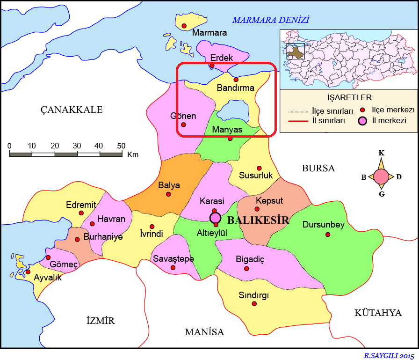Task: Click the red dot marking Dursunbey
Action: (328, 234)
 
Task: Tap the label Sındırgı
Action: (253, 295)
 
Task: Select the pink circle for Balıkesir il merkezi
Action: (215, 218)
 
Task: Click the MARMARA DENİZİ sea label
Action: (271, 20)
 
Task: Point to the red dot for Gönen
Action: (183, 125)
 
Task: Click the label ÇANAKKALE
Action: (71, 110)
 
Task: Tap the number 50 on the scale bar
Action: (121, 146)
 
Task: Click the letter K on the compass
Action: (382, 153)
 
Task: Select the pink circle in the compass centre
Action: (382, 176)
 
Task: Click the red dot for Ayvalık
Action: (28, 272)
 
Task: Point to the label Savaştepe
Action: (173, 259)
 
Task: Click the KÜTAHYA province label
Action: (378, 313)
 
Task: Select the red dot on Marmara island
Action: (184, 25)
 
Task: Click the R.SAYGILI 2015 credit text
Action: (389, 355)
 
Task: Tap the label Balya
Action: (169, 185)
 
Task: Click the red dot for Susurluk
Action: (259, 168)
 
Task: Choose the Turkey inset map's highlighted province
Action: (294, 51)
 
